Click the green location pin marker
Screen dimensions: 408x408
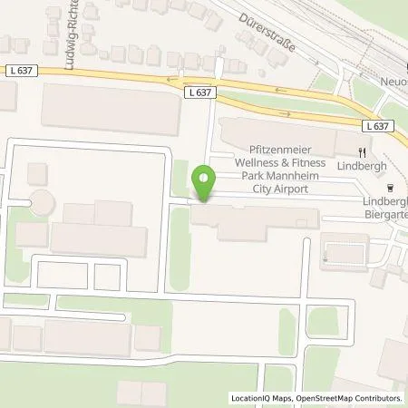point(205,185)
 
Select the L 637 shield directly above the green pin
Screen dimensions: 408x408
point(201,92)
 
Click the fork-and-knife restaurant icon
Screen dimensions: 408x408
point(361,152)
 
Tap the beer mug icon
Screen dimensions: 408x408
point(389,189)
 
